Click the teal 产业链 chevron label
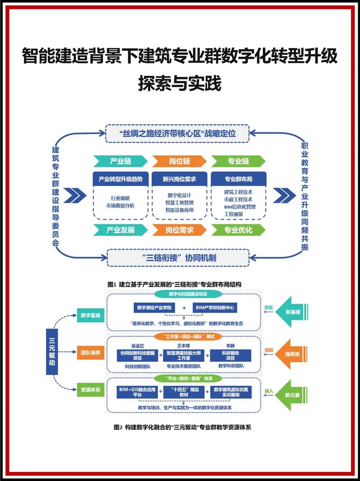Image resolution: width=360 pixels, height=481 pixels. point(120,161)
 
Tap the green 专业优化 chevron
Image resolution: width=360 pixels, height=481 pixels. point(238,230)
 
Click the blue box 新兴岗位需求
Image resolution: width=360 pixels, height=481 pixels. point(179,179)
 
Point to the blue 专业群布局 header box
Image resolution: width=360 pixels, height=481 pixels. point(238,179)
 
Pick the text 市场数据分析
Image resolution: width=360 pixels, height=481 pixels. point(120,206)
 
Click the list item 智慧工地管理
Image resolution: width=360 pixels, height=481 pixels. point(179,202)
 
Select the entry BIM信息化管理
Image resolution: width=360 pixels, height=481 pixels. point(239,207)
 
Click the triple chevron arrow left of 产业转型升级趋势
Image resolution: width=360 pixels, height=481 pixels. point(75,195)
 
